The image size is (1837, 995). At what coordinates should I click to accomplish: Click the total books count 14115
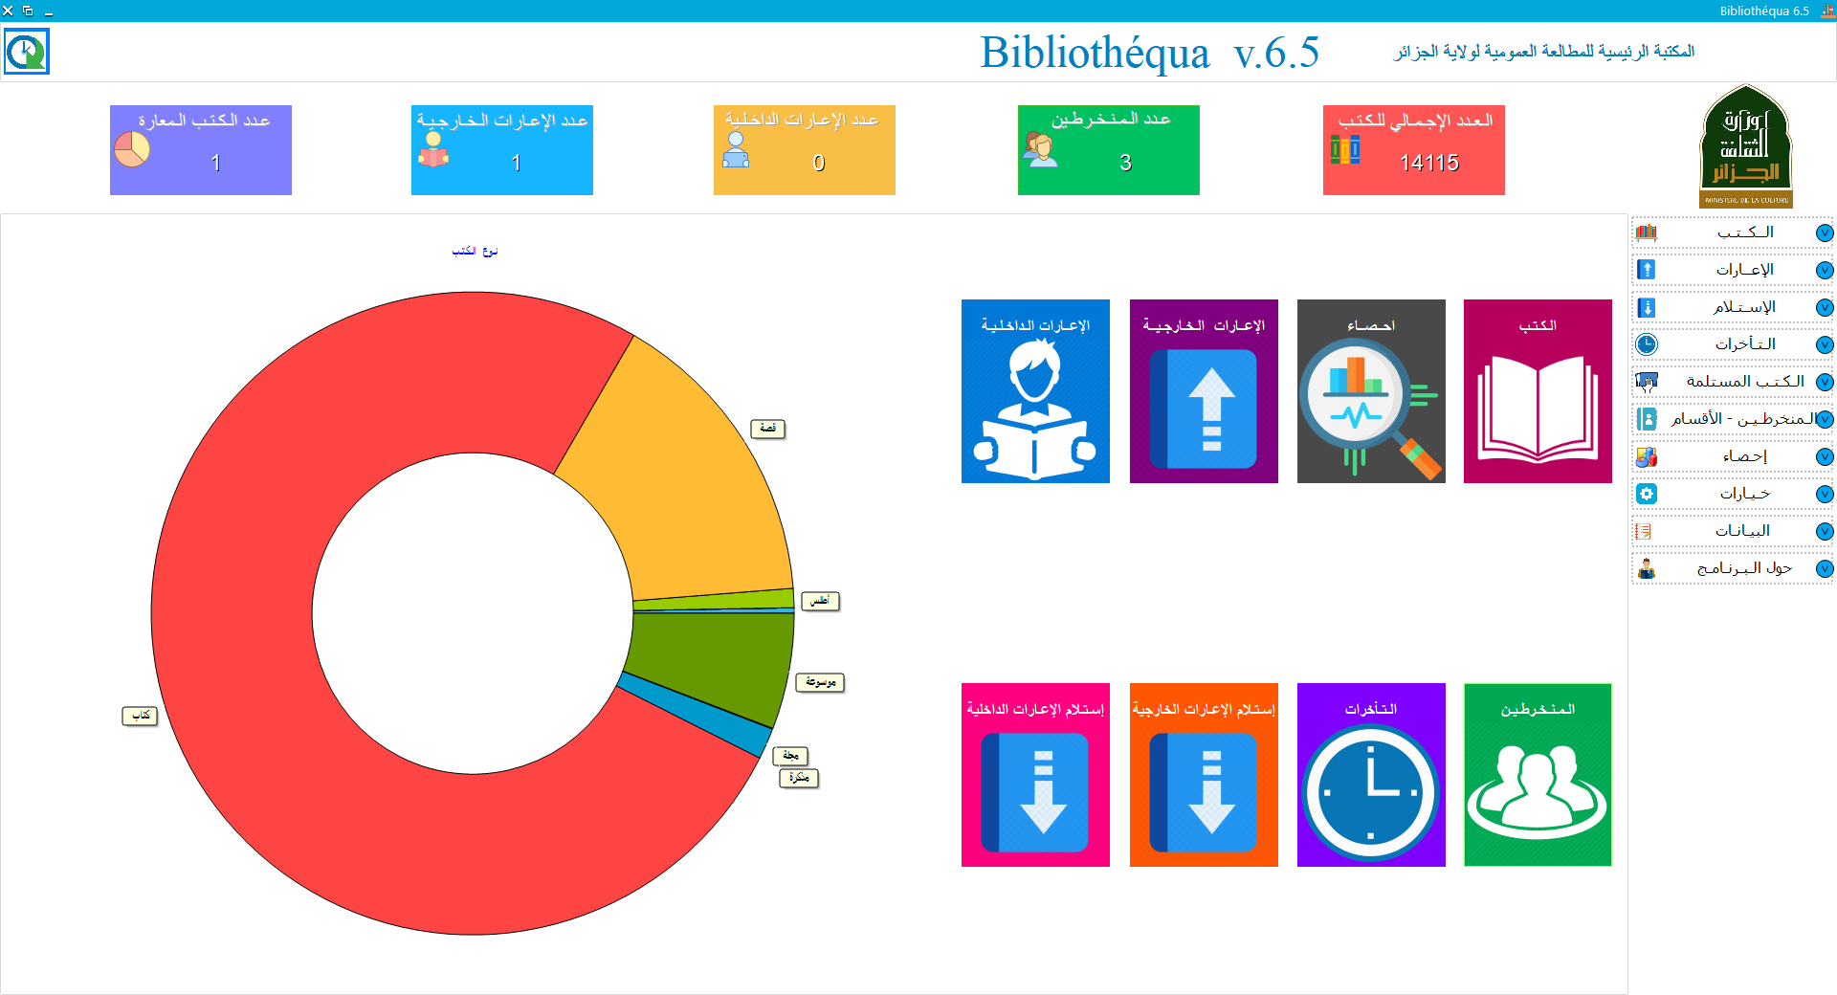point(1428,163)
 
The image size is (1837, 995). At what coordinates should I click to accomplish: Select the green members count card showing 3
point(1108,150)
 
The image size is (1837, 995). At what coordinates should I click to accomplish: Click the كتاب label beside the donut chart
point(140,716)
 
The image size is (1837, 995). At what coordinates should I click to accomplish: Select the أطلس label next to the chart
point(820,602)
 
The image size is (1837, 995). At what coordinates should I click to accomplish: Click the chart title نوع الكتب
point(475,251)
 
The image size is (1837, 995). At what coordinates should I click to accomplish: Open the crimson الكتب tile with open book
point(1538,391)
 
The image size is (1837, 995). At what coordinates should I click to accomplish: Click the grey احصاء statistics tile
point(1371,391)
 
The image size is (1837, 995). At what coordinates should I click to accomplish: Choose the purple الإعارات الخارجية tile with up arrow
point(1204,391)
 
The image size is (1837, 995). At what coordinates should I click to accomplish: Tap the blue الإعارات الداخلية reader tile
point(1035,391)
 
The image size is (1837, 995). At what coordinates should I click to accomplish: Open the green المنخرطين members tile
point(1538,775)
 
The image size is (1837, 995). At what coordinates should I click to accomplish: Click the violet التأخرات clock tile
point(1371,775)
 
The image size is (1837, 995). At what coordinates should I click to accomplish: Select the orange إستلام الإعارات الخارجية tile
point(1204,775)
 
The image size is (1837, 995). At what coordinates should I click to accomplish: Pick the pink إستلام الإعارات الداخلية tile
point(1035,775)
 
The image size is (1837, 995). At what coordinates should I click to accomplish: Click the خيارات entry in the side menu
point(1743,494)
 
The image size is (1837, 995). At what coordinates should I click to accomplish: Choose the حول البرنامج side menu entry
point(1743,568)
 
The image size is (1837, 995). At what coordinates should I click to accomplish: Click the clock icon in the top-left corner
point(26,52)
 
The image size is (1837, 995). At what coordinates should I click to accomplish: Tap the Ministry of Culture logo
point(1745,146)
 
